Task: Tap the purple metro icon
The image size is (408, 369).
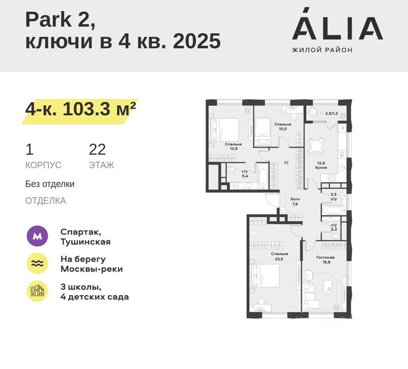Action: (x=37, y=236)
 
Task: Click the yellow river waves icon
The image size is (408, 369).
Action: (x=37, y=264)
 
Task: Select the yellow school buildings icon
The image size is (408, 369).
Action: (x=37, y=291)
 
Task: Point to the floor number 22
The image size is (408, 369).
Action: (x=98, y=149)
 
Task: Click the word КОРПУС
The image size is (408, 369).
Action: (x=43, y=165)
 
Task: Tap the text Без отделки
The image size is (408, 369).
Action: (x=50, y=184)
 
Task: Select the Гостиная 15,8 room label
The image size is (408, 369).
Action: (x=325, y=260)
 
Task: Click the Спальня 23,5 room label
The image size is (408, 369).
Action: (x=279, y=256)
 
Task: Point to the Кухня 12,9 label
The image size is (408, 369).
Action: (x=321, y=166)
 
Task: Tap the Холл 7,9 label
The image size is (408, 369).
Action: (x=295, y=202)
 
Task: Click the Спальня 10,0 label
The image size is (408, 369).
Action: (x=283, y=127)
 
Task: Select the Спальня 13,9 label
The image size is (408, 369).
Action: (x=234, y=147)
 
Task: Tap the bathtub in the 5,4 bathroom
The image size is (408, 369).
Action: (x=263, y=176)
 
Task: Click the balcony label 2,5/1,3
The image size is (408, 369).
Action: (x=332, y=113)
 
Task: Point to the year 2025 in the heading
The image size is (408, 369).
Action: (x=197, y=41)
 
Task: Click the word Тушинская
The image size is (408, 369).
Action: (x=85, y=242)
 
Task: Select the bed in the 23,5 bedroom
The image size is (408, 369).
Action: (x=265, y=276)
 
